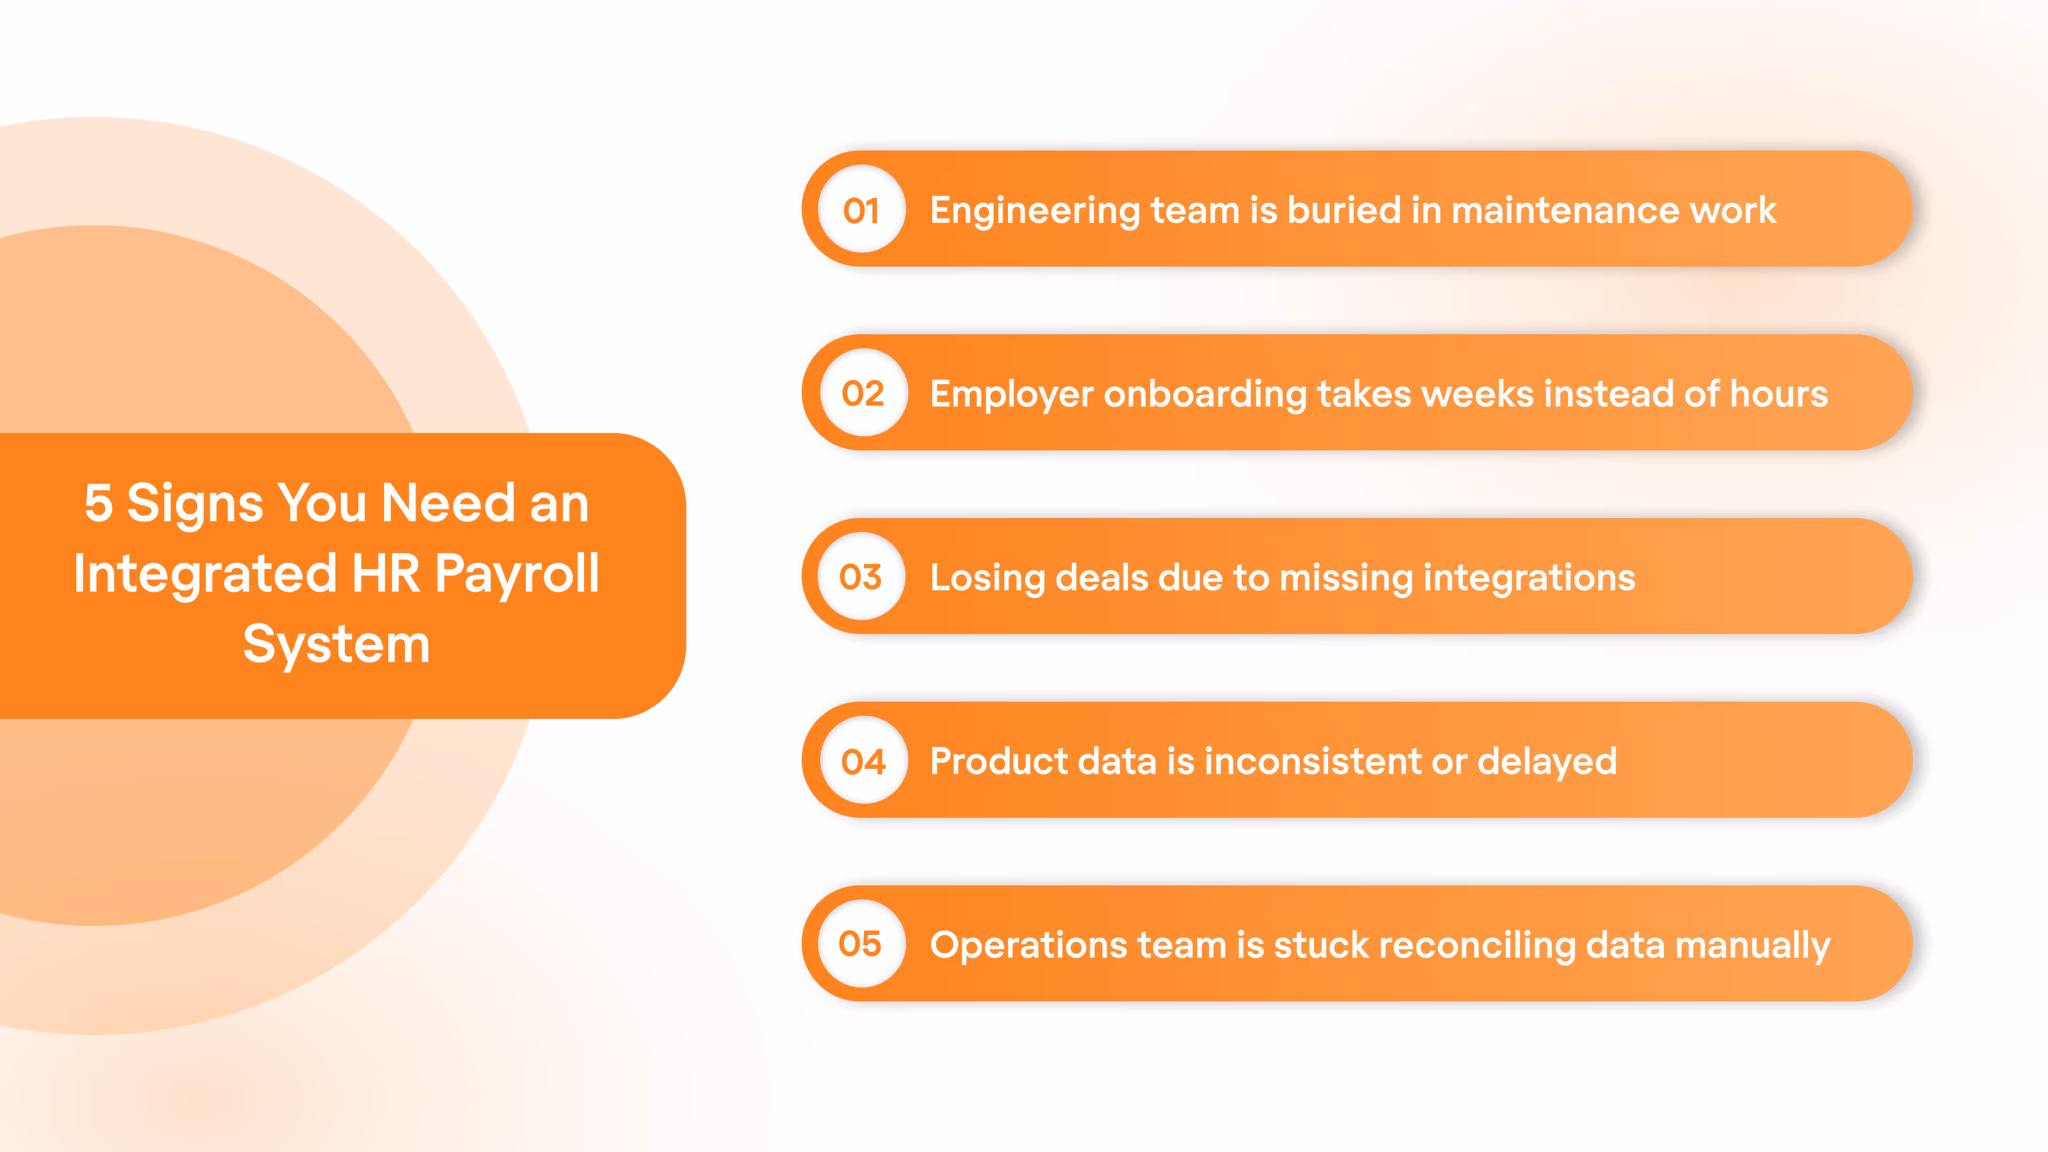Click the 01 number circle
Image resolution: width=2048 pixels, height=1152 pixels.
pos(862,210)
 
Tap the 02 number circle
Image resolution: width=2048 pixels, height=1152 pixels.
pos(863,394)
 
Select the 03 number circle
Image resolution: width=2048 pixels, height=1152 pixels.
pos(861,577)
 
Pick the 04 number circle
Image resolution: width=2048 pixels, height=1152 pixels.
pos(863,761)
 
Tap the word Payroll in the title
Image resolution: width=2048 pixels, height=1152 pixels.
pos(517,574)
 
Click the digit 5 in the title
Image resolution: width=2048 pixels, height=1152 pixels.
pos(99,503)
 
